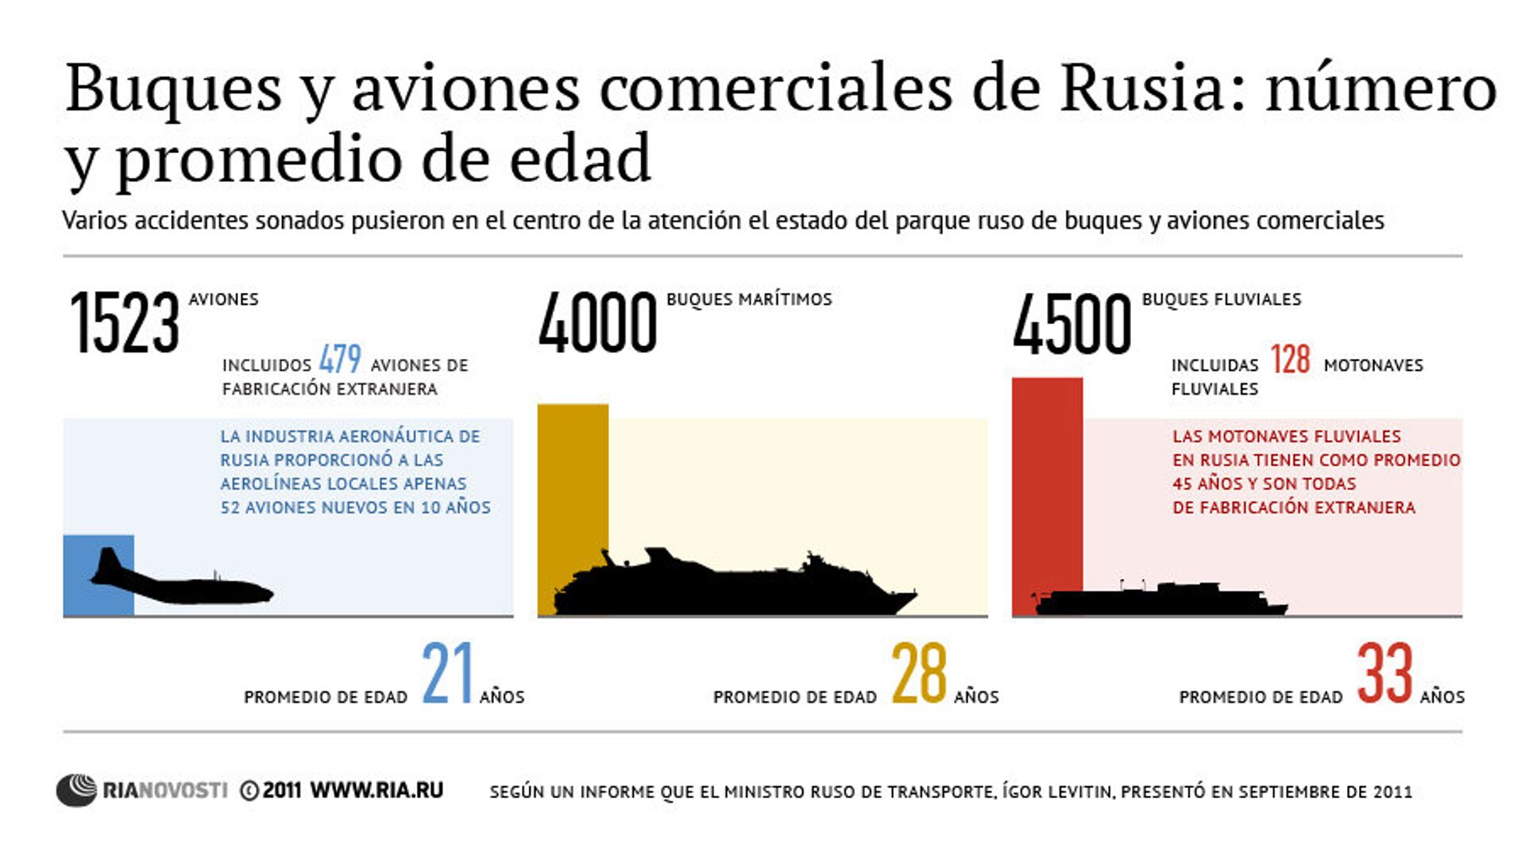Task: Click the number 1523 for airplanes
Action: pos(125,322)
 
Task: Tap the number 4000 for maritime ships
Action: pos(597,322)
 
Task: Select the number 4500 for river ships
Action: pos(1071,323)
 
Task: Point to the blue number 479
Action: pos(340,359)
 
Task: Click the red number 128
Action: pos(1290,360)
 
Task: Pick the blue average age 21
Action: pos(447,673)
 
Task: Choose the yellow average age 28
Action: pos(919,673)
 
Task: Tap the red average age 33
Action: pos(1385,673)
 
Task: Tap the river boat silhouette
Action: pos(1160,600)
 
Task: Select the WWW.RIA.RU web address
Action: pos(376,790)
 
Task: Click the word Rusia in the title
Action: pos(1142,87)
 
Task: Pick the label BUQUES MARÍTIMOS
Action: pos(749,299)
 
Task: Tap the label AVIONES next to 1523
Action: pos(223,299)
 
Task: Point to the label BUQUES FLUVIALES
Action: pos(1222,299)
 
